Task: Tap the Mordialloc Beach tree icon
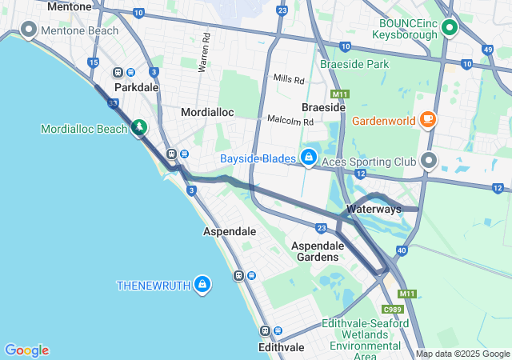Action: coord(140,127)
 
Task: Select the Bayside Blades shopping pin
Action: coord(308,157)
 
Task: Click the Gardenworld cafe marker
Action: coord(428,120)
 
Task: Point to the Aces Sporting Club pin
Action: coord(430,162)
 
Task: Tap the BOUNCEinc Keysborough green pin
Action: coord(449,28)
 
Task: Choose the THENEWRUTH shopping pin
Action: coord(202,284)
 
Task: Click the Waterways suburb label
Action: coord(374,209)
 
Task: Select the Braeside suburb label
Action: coord(323,106)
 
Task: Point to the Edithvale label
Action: coord(282,348)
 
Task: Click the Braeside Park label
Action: coord(354,63)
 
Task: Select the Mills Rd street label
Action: coord(289,80)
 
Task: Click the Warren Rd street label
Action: coord(206,49)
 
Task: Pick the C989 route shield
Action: coord(392,310)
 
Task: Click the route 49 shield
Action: coord(488,50)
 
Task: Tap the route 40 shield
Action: coord(401,250)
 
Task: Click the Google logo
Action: coord(26,350)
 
